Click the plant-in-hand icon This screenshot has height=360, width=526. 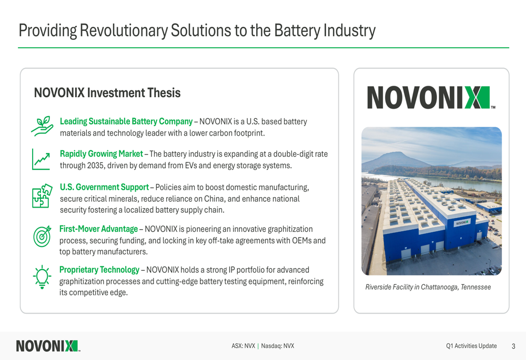click(x=42, y=126)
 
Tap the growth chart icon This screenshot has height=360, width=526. click(x=41, y=159)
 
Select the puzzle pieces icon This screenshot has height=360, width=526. click(x=42, y=196)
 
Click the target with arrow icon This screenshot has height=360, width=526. click(x=42, y=236)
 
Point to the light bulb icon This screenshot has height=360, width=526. click(x=42, y=277)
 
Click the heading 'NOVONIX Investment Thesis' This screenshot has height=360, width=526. click(x=107, y=93)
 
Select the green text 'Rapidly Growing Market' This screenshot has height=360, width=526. click(x=102, y=154)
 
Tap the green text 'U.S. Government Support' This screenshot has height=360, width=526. click(x=104, y=187)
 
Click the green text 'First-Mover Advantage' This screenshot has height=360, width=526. click(x=99, y=229)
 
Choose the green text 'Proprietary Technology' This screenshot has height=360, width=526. click(x=99, y=270)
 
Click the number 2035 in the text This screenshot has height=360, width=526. click(x=95, y=166)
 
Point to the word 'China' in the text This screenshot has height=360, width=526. click(x=214, y=199)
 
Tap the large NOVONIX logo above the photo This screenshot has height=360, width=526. click(x=431, y=98)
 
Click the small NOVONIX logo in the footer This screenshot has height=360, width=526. click(x=48, y=346)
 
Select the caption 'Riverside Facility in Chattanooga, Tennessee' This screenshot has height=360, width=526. click(x=428, y=287)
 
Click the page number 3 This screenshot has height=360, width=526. click(x=513, y=346)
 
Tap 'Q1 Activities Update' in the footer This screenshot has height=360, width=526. click(x=471, y=346)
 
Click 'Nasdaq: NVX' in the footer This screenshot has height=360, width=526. click(x=278, y=346)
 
